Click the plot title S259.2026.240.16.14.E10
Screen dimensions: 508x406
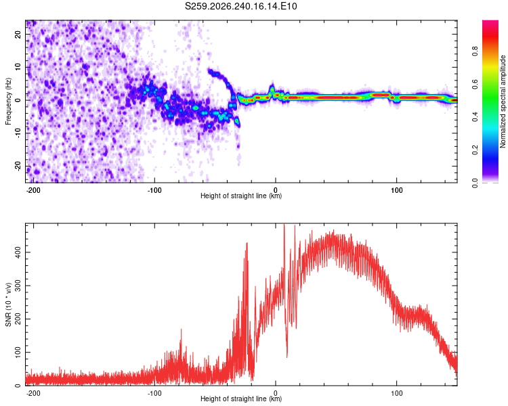[240, 6]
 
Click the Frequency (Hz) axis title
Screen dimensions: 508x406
[8, 101]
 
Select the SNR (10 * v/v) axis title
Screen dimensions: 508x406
[8, 304]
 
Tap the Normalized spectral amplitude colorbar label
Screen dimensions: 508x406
[503, 101]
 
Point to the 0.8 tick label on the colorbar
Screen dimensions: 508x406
[475, 51]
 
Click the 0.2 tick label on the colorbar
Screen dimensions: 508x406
[475, 150]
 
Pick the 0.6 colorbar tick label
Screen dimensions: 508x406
[475, 84]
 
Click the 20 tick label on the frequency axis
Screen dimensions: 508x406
[18, 34]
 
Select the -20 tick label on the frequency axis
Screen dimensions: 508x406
[18, 166]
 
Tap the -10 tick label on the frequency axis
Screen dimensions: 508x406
[18, 133]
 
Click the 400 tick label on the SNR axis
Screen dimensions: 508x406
[18, 252]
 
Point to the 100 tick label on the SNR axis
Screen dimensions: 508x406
[18, 353]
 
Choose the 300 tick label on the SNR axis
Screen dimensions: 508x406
[18, 286]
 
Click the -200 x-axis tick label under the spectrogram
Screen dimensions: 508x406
[33, 190]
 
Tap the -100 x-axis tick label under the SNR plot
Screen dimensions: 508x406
[154, 393]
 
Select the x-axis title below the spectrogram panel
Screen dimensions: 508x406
[241, 196]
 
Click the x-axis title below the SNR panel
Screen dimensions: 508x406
[241, 399]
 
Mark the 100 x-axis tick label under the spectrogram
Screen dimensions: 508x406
[396, 190]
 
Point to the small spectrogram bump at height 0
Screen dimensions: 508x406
[272, 88]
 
